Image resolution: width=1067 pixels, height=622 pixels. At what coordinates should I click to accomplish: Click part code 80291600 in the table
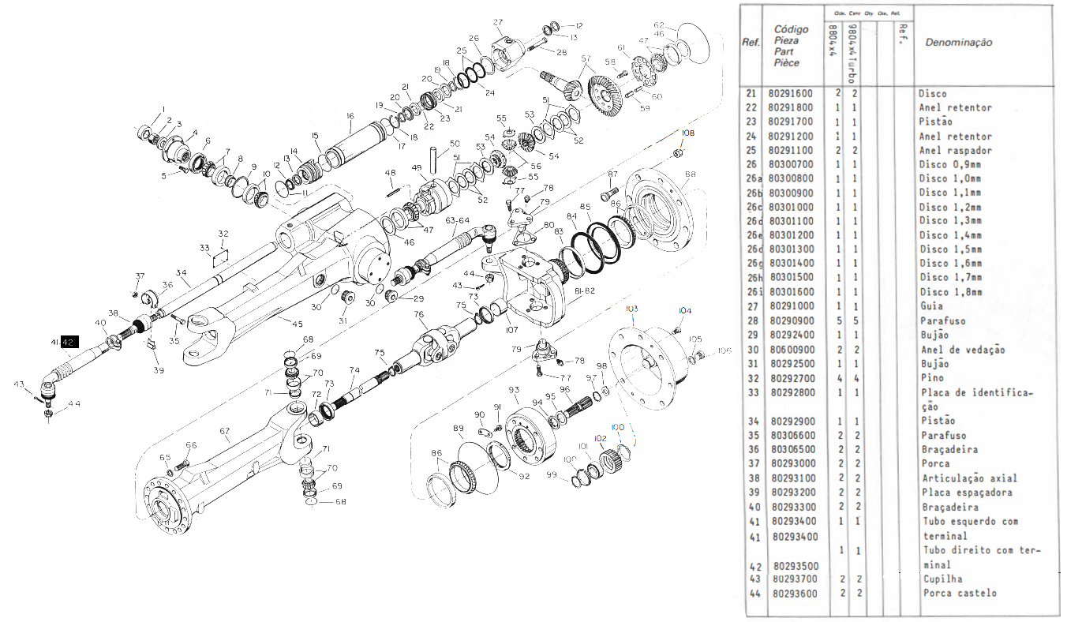point(791,93)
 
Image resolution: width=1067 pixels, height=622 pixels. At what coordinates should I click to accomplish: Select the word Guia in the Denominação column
point(932,306)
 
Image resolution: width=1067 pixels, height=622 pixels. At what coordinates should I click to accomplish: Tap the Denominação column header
point(958,43)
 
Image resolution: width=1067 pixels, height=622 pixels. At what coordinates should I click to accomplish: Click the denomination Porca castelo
point(959,593)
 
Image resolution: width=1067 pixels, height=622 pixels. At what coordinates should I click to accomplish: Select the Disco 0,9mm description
point(949,164)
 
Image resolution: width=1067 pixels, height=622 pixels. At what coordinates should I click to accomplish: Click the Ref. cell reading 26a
point(752,178)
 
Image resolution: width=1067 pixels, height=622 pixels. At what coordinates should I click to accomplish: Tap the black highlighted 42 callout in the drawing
point(69,343)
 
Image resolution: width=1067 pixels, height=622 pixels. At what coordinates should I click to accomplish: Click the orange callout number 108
point(688,133)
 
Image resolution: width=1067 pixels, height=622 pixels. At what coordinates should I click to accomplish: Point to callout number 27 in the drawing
point(498,21)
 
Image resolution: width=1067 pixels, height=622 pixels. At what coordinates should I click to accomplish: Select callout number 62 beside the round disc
point(659,24)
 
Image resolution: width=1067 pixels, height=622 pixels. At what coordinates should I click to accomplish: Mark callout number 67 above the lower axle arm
point(224,431)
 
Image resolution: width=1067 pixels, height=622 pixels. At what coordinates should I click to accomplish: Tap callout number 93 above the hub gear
point(514,390)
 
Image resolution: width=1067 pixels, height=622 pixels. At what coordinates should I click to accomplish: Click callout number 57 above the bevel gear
point(586,59)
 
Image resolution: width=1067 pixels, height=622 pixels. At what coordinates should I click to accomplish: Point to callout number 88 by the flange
point(691,174)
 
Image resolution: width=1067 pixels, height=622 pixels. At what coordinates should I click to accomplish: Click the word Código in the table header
point(791,30)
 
